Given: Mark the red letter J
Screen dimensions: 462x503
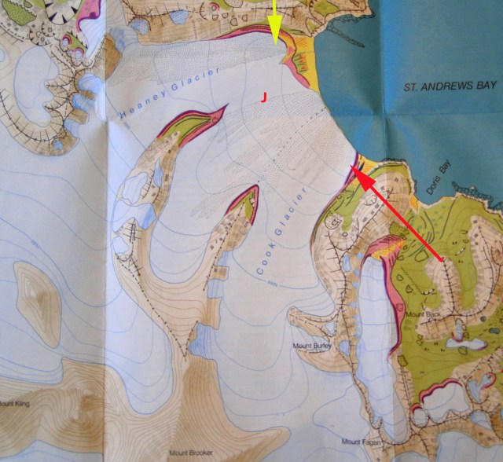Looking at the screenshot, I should click(265, 96).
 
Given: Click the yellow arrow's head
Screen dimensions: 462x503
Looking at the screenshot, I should click(274, 37).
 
